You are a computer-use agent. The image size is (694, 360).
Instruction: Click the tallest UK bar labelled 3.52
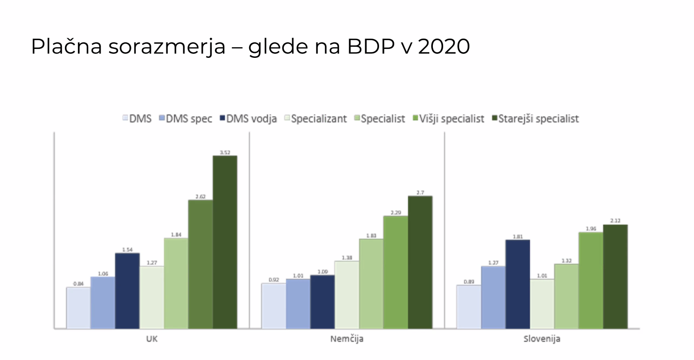225,243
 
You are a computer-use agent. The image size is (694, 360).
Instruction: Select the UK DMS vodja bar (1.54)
127,291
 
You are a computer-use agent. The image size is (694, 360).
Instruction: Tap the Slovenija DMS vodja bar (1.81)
517,284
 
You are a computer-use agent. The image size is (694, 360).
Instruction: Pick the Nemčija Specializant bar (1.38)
347,295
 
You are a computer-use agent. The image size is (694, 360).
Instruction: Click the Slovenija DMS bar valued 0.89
468,307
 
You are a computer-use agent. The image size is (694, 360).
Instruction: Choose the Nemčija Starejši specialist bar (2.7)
420,263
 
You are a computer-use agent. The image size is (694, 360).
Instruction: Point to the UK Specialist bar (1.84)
176,283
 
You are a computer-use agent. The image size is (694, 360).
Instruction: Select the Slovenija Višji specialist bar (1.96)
590,280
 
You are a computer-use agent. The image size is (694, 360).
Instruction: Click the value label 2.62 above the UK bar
200,196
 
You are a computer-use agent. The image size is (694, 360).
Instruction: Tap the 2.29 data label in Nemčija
395,212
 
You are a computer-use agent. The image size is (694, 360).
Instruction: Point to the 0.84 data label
78,283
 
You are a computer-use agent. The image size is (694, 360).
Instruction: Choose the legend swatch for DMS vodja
222,119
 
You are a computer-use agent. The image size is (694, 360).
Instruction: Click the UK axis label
152,339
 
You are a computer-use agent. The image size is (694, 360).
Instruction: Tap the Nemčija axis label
347,339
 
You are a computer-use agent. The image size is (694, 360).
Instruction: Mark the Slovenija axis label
541,339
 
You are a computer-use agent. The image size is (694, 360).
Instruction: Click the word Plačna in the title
66,46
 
